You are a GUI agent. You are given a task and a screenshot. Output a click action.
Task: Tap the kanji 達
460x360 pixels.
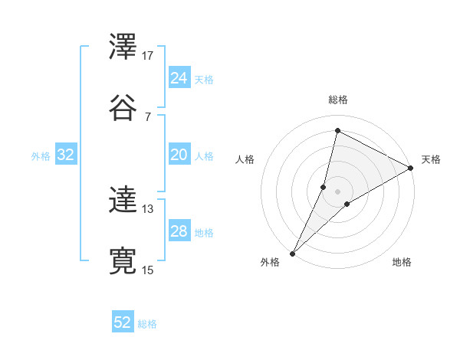coord(123,201)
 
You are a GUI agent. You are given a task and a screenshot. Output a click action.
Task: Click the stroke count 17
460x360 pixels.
coord(148,56)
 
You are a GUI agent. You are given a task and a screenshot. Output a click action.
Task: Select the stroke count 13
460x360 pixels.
coord(148,208)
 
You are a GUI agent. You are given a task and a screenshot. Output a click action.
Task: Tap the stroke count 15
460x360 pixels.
coord(148,270)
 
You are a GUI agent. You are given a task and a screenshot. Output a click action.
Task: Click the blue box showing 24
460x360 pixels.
coord(179,77)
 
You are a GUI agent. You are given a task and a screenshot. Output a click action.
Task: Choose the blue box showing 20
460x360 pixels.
coord(179,155)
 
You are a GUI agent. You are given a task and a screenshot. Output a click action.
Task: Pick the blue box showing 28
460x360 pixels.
coord(179,231)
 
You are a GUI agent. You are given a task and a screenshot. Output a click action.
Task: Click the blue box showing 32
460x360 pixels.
coord(66,155)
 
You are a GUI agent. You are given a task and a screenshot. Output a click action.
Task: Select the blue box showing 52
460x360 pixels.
coord(123,322)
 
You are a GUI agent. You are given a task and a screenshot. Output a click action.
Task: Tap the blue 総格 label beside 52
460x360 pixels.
coord(147,324)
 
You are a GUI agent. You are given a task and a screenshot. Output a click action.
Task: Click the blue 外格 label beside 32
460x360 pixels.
coord(41,156)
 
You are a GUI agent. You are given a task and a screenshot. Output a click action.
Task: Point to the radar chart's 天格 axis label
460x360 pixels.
coord(431,159)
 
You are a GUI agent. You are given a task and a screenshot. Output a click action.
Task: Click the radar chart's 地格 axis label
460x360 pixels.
coord(402,263)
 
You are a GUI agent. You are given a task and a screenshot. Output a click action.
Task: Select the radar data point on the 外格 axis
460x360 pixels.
coord(292,253)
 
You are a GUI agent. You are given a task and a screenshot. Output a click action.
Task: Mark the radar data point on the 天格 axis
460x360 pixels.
coord(411,168)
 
